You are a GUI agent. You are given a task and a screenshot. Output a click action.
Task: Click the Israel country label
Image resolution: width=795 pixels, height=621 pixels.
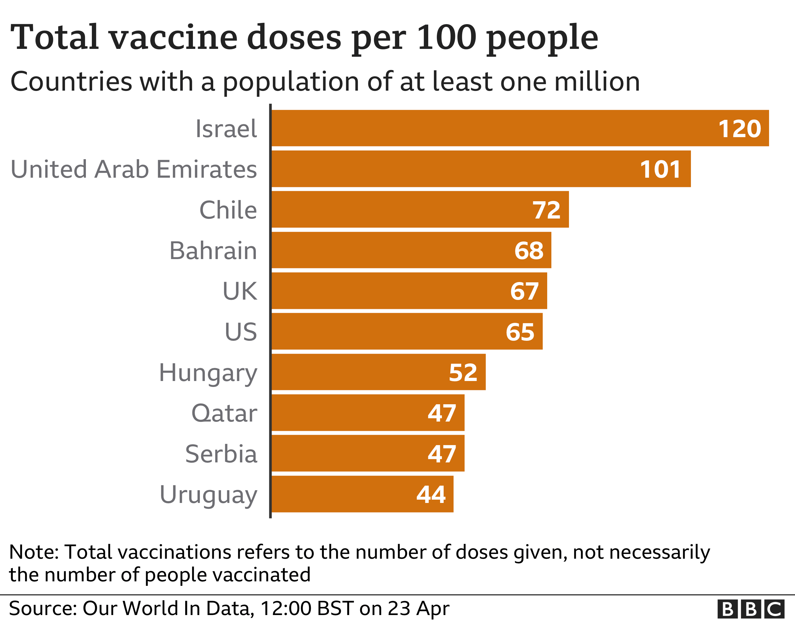[226, 129]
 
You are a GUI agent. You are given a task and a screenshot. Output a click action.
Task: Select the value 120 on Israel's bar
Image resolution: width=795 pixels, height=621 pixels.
[739, 129]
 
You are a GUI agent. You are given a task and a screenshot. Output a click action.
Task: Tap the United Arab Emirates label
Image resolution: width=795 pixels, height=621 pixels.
[134, 169]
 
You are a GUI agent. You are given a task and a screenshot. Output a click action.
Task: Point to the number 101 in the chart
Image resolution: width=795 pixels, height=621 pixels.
[660, 170]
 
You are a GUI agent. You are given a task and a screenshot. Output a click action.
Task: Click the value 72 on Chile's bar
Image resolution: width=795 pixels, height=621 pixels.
[546, 210]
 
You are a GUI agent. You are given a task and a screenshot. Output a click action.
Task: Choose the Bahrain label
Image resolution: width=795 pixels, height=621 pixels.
[213, 251]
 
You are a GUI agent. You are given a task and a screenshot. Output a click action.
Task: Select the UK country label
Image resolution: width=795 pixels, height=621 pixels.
[240, 291]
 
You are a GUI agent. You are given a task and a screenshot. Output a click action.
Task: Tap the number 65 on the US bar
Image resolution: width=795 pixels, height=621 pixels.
[520, 332]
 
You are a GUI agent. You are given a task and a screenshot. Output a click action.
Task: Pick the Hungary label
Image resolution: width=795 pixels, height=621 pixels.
[208, 373]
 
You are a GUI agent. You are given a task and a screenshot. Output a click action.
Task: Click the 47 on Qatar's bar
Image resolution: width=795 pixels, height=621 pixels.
[442, 414]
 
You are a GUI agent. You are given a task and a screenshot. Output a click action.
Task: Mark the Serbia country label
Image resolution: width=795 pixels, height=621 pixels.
[221, 454]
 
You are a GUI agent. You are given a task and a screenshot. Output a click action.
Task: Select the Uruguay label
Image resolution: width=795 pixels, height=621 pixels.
[208, 495]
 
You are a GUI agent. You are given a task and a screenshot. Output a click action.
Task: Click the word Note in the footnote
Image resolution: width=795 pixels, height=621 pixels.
[33, 552]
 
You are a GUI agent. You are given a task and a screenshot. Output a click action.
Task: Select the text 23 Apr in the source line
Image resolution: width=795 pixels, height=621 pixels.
[418, 608]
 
